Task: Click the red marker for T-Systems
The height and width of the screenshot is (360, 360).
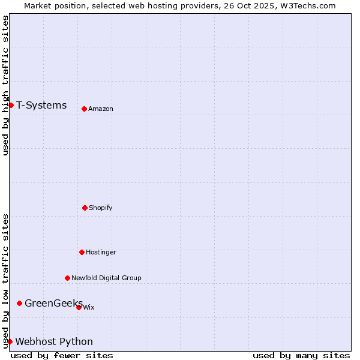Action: (11, 106)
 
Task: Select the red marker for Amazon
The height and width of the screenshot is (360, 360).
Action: (84, 109)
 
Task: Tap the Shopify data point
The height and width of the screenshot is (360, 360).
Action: (85, 208)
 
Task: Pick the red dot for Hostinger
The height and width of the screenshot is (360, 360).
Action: (82, 252)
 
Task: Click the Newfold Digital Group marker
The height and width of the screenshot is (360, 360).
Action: (67, 278)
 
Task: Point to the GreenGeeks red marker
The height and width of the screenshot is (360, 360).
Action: (19, 303)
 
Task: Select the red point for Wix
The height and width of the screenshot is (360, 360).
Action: (79, 307)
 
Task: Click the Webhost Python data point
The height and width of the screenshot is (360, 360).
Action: (10, 341)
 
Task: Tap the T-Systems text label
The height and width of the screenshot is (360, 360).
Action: (41, 106)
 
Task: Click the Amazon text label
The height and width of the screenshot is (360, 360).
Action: (101, 109)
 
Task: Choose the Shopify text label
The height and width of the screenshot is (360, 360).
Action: (101, 208)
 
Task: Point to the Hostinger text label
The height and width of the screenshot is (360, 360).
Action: (101, 252)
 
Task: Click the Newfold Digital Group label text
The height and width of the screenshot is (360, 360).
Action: (106, 278)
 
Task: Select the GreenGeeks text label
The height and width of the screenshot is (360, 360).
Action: (53, 303)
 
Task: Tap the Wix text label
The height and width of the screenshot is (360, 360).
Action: (89, 307)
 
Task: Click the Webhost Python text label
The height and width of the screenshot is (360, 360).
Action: (54, 341)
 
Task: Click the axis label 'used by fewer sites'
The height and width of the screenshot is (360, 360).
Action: (62, 355)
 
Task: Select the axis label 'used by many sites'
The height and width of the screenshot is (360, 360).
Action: (301, 355)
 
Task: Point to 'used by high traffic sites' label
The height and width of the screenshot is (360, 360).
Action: (5, 85)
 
